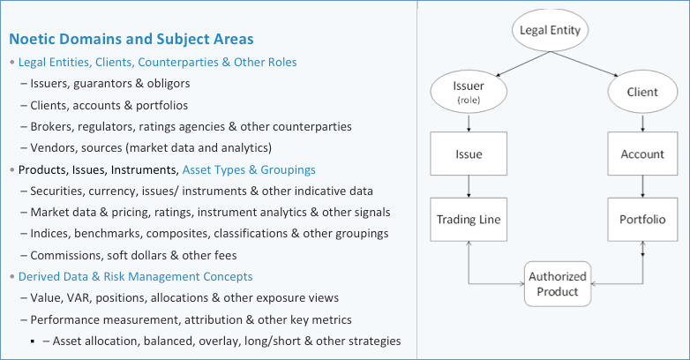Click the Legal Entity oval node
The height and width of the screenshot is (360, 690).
550,30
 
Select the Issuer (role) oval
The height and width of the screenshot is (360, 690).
469,92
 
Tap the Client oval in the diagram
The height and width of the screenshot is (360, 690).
642,92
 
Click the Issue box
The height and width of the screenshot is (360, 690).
469,154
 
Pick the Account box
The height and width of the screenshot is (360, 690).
642,154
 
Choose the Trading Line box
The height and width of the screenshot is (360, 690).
469,219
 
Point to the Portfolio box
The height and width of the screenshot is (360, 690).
642,219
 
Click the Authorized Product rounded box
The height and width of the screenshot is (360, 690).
558,284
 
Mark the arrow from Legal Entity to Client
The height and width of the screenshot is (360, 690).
585,64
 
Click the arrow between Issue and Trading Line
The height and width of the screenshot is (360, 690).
469,186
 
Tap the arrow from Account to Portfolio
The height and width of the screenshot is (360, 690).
642,186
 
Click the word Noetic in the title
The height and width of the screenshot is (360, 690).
32,39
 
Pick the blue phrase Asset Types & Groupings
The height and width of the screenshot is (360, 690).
249,170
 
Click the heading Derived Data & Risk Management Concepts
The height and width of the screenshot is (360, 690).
136,277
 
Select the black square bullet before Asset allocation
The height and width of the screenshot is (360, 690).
33,341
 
